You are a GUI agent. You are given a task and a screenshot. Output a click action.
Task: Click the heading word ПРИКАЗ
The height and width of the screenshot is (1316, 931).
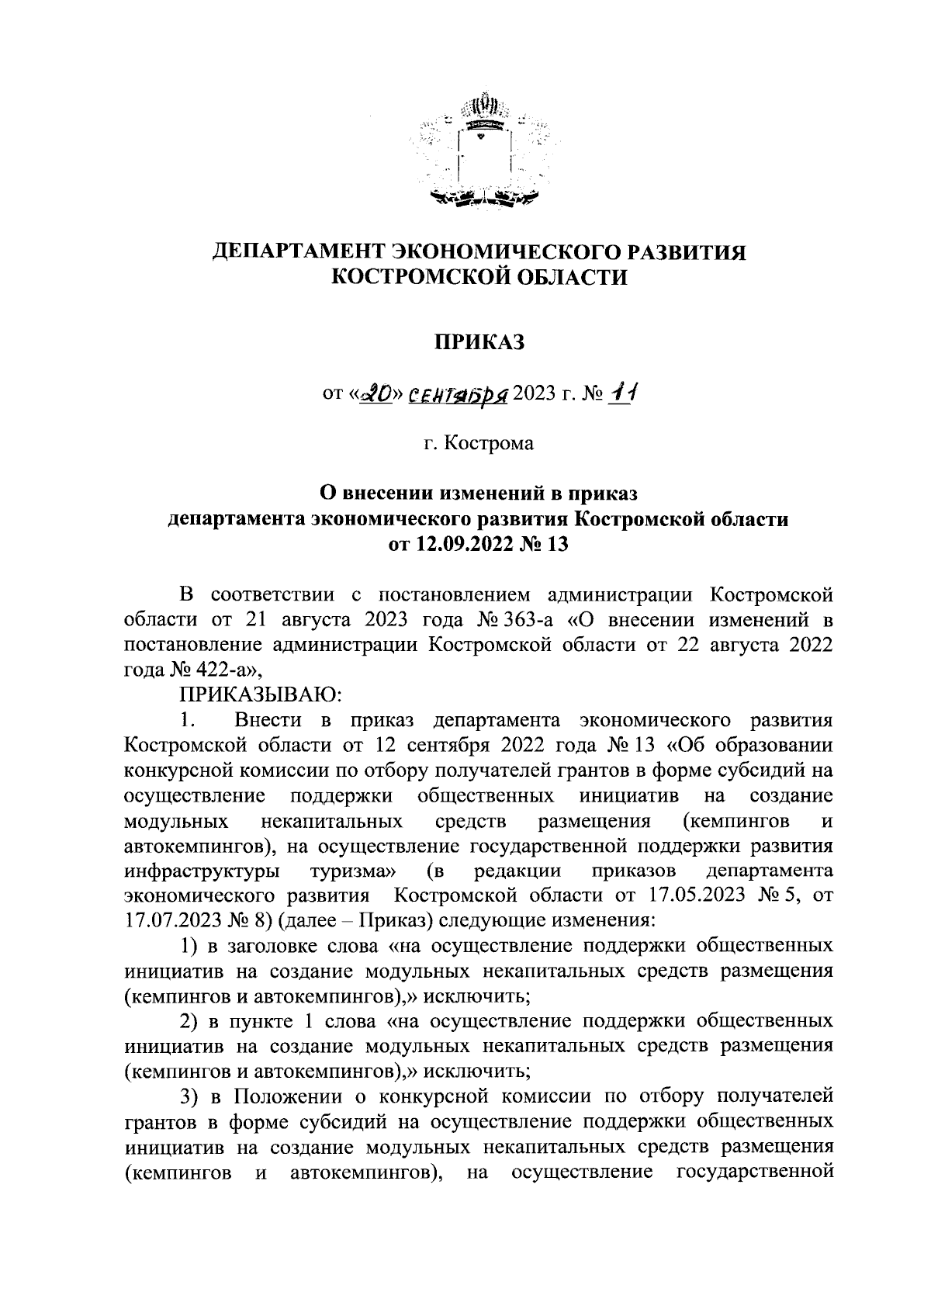point(479,342)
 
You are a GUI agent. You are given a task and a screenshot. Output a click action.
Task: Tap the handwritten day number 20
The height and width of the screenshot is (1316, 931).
point(379,397)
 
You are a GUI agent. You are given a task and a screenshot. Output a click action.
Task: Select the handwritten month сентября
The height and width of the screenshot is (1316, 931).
point(458,397)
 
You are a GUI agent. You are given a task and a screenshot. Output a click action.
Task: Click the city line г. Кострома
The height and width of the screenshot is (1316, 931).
point(479,445)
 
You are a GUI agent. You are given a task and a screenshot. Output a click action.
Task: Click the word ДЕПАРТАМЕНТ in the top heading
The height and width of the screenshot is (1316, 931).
point(298,252)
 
